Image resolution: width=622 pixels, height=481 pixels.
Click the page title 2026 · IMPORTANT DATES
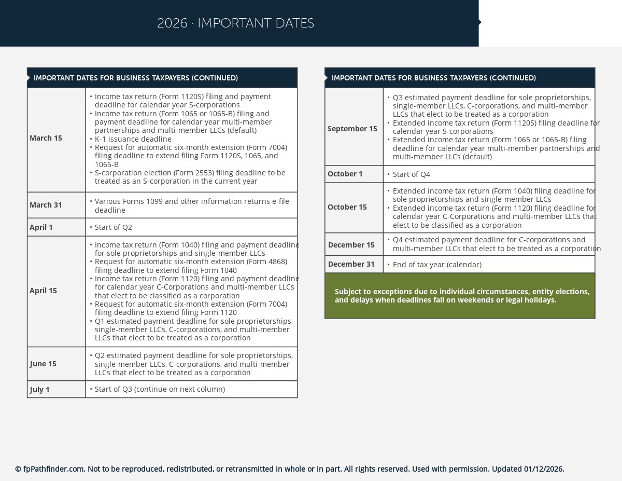(235, 23)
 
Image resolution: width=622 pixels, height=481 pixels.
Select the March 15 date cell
(46, 138)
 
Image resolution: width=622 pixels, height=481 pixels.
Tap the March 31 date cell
(46, 205)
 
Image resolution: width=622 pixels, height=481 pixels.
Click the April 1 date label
(41, 227)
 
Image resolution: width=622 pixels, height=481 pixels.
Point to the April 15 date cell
(43, 291)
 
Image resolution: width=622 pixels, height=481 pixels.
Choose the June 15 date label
(43, 364)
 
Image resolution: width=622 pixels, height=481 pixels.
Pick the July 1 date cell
(40, 390)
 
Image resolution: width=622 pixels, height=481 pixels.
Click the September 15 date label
(352, 129)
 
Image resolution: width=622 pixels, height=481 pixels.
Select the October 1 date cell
(345, 174)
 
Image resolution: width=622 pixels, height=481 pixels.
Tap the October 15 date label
(347, 207)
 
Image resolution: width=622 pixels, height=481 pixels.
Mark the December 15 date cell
(351, 245)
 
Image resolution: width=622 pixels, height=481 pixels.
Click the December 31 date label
(351, 264)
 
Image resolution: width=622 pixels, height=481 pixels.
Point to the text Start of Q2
(114, 227)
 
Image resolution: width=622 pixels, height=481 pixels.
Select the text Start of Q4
(412, 174)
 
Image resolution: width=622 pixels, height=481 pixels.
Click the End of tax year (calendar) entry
(437, 265)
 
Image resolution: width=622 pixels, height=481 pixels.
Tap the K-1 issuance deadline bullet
(133, 139)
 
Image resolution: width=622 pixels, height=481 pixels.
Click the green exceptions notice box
(460, 296)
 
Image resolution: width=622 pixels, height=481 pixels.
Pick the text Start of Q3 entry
(160, 389)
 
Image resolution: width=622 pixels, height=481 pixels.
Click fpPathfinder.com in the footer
(54, 469)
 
